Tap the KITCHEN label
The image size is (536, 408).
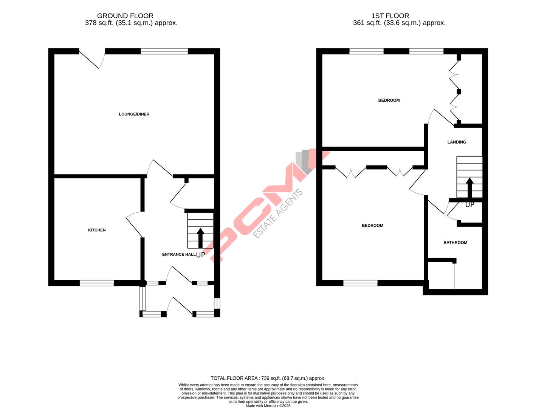click(x=97, y=230)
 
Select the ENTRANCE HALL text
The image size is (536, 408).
click(x=179, y=255)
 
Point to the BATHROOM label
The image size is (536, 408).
click(x=455, y=243)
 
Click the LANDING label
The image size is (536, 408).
click(x=457, y=142)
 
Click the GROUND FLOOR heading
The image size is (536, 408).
click(x=125, y=16)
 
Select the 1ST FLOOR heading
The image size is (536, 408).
click(x=390, y=16)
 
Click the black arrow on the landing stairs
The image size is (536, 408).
click(x=469, y=187)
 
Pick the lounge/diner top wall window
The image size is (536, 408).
click(x=164, y=52)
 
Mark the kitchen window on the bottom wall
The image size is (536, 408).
click(x=97, y=283)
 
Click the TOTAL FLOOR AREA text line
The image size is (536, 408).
click(x=268, y=378)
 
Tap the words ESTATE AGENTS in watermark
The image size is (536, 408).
click(x=278, y=213)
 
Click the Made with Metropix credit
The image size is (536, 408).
click(x=268, y=406)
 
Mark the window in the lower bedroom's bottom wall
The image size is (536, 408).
click(x=360, y=283)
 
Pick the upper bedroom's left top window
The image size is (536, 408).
click(x=366, y=52)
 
